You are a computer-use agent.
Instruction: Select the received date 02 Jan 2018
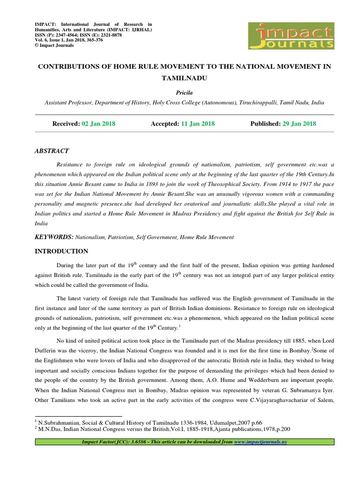[98, 124]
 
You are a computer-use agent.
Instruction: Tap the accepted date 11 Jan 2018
[197, 124]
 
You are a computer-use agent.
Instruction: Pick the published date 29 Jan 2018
[299, 124]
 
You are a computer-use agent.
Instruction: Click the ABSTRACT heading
[52, 151]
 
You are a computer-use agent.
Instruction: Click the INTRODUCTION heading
[61, 251]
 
